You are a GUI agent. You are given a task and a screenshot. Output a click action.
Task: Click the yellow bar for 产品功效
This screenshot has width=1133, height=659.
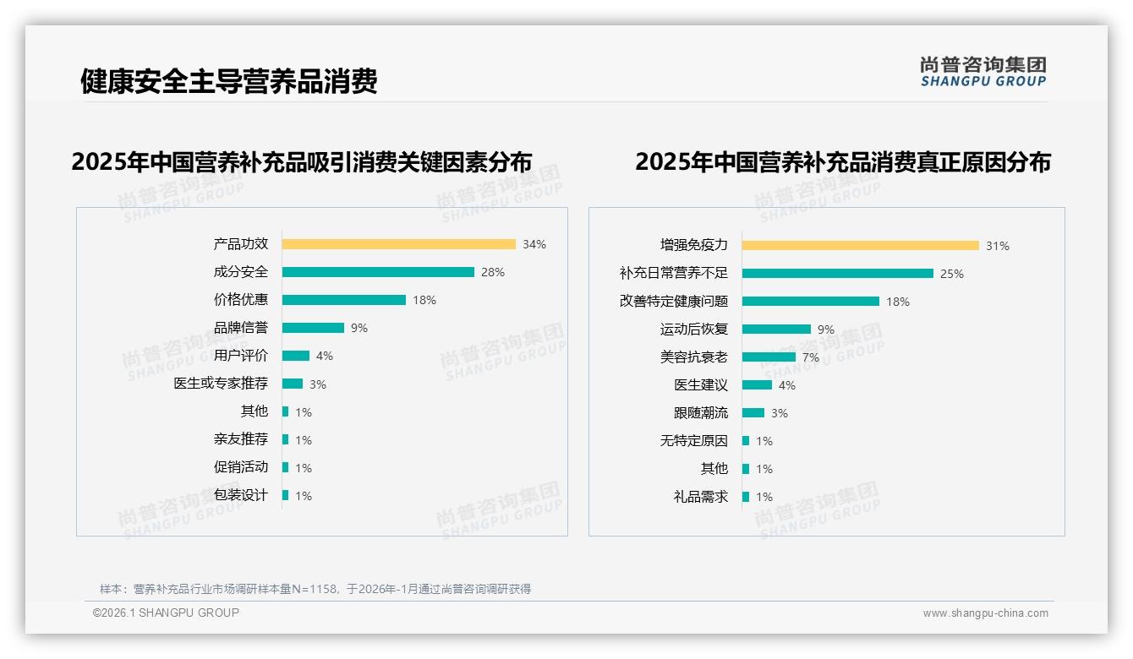(x=398, y=244)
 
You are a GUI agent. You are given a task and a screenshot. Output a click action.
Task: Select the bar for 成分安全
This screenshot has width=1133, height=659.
(x=378, y=272)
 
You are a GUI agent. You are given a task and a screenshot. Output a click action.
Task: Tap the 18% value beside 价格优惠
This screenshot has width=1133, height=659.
(x=424, y=300)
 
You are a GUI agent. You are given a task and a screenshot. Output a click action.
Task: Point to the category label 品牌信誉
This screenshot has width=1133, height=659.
(x=241, y=328)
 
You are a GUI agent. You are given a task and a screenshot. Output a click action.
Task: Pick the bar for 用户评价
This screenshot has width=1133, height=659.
(x=296, y=356)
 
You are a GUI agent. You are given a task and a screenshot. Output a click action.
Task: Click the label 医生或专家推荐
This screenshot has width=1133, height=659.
(x=221, y=384)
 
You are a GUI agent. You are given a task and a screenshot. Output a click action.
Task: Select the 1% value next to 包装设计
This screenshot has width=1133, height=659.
(x=304, y=496)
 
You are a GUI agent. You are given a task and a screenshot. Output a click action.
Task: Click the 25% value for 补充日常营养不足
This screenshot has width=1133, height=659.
(x=952, y=274)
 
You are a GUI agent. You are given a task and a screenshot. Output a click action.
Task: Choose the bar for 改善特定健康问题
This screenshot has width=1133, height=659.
(x=811, y=302)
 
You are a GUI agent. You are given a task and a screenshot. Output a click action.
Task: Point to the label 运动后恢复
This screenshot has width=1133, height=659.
(x=694, y=329)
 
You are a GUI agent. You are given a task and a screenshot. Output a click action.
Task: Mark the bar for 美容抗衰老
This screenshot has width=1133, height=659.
(x=769, y=357)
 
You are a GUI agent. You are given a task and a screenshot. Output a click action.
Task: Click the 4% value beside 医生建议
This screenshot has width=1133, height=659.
(x=787, y=385)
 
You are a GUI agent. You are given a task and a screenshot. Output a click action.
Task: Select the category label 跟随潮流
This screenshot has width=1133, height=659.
(x=701, y=413)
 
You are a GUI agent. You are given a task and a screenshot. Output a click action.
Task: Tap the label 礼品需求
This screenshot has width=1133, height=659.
(x=701, y=497)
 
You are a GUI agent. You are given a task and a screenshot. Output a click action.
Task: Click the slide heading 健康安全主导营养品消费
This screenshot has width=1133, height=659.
(x=228, y=81)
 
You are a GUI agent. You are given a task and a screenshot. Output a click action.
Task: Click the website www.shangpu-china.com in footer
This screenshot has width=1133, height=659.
(x=985, y=613)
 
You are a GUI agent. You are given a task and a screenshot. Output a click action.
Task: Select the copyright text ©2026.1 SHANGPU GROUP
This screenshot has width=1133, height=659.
(x=166, y=613)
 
